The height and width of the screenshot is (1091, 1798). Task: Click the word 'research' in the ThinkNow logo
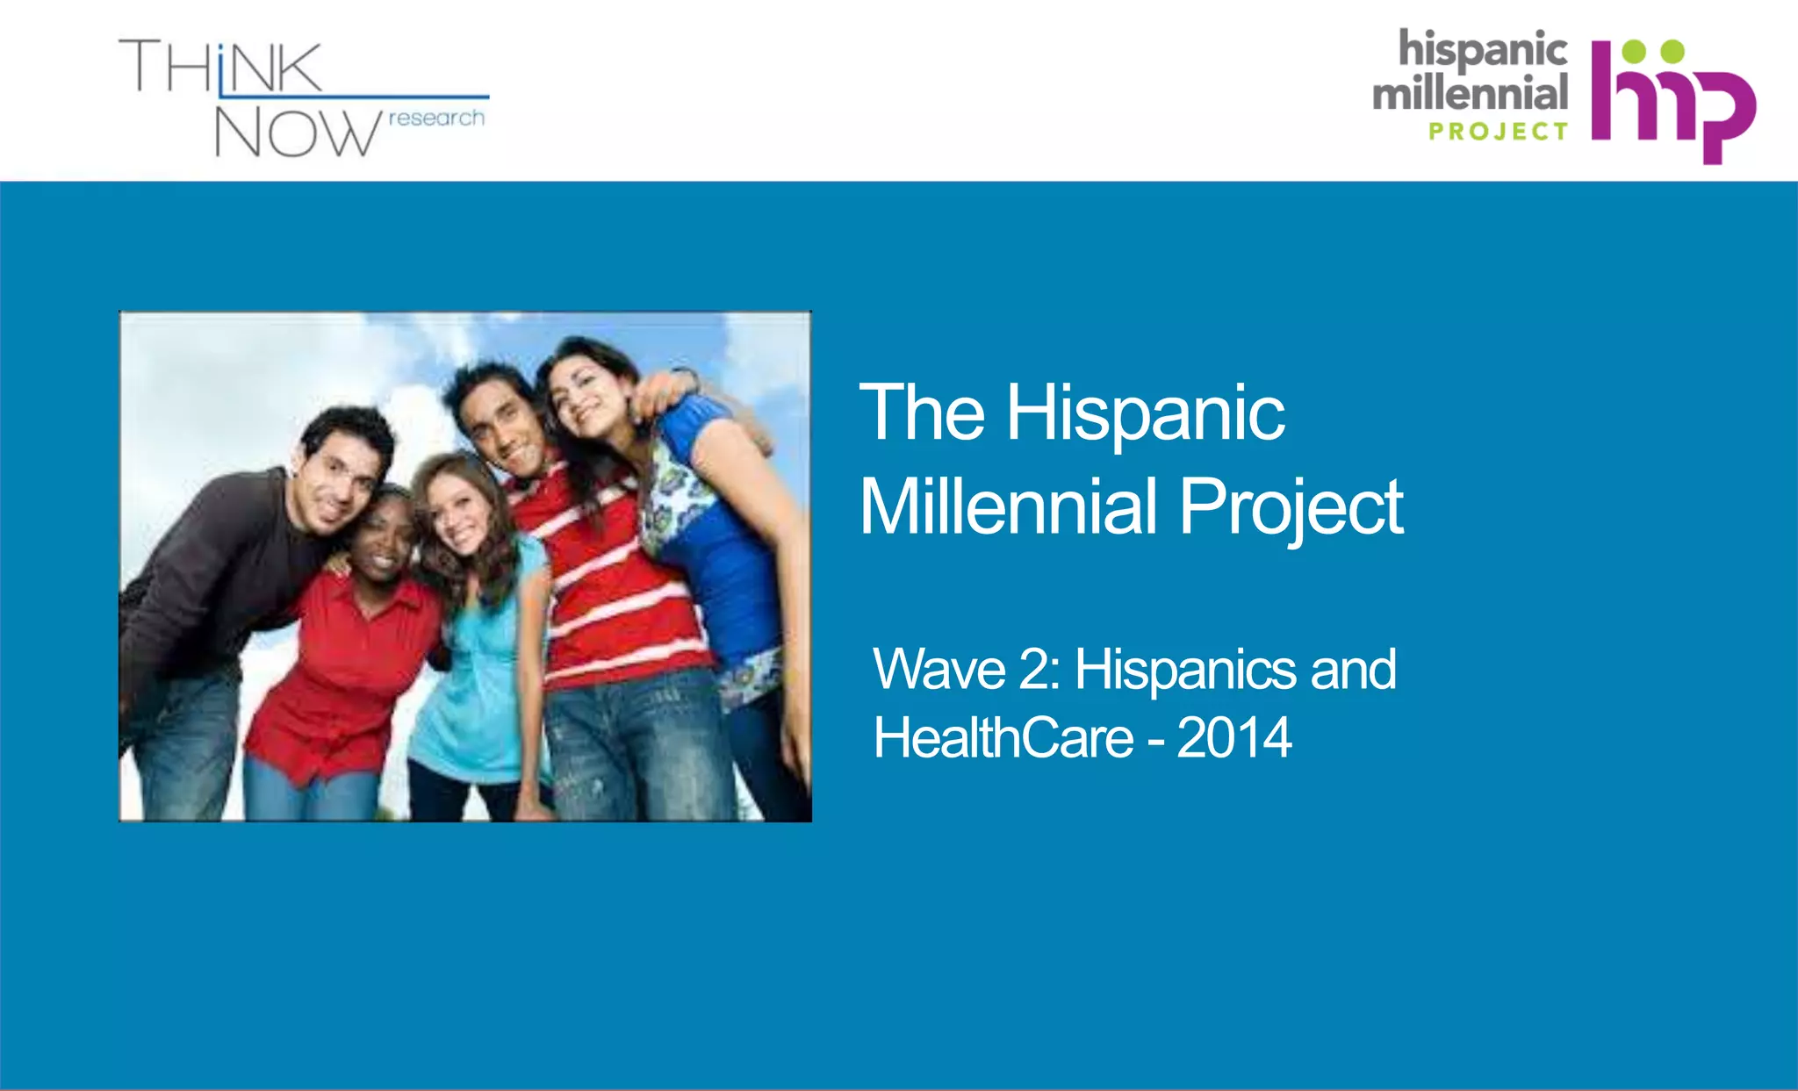pyautogui.click(x=436, y=118)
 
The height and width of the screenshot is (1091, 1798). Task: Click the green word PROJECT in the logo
pyautogui.click(x=1498, y=132)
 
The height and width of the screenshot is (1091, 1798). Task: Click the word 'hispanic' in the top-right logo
pyautogui.click(x=1483, y=49)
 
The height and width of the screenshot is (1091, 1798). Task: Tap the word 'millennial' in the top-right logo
pyautogui.click(x=1471, y=92)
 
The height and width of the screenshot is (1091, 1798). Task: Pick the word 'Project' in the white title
pyautogui.click(x=1291, y=508)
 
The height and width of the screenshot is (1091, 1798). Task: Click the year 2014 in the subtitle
pyautogui.click(x=1233, y=737)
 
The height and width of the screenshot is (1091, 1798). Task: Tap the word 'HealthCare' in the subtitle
pyautogui.click(x=1003, y=737)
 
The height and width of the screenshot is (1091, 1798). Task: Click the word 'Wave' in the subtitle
pyautogui.click(x=939, y=669)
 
